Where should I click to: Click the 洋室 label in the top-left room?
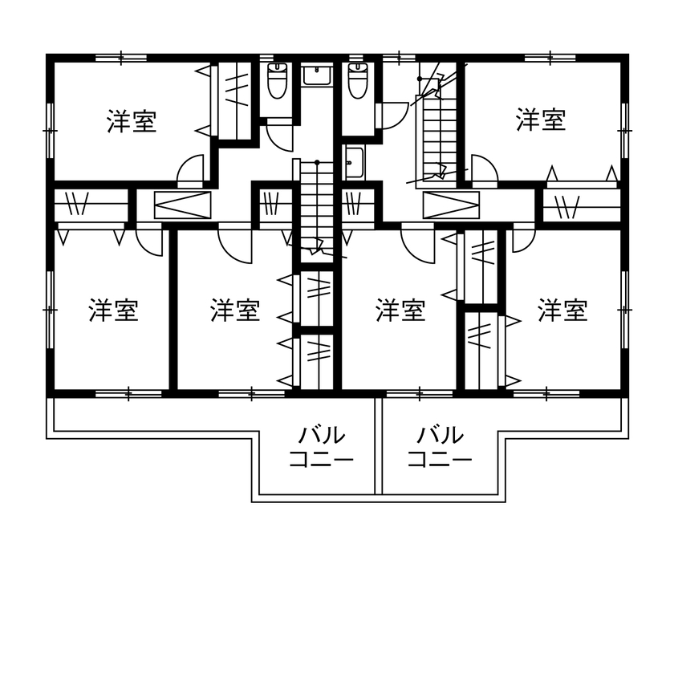[x=132, y=122]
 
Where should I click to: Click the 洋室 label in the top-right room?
[x=541, y=120]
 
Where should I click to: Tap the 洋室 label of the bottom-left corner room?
[x=113, y=311]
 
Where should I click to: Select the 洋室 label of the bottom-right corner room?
[x=562, y=310]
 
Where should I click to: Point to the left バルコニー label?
[x=321, y=448]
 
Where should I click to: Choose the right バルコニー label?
[x=440, y=448]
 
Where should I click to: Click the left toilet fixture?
[x=277, y=80]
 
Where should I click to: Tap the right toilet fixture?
[x=357, y=80]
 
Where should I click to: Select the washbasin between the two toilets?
[x=317, y=75]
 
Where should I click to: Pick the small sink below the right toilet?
[x=354, y=163]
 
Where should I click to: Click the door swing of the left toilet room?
[x=280, y=134]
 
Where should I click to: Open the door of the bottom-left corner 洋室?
[x=150, y=240]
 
